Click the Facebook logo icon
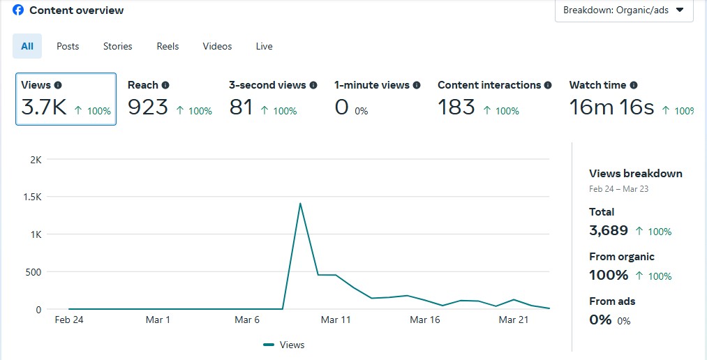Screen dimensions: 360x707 click(x=18, y=10)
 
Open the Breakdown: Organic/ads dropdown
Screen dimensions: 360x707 click(x=623, y=10)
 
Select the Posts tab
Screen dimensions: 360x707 click(x=68, y=46)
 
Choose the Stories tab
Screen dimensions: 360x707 click(x=117, y=46)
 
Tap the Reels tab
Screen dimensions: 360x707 click(x=168, y=46)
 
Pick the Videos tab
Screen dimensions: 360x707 click(x=217, y=46)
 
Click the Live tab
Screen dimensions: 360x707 click(x=264, y=46)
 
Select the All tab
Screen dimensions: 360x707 click(x=27, y=46)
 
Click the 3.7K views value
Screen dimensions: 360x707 click(x=44, y=107)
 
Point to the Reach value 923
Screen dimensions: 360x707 click(x=148, y=107)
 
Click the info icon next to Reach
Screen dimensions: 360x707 click(x=165, y=85)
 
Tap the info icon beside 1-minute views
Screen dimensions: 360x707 click(x=417, y=85)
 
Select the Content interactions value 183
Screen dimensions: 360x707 click(x=456, y=107)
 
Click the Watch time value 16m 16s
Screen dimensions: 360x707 click(x=611, y=107)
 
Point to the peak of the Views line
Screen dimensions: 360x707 click(x=300, y=203)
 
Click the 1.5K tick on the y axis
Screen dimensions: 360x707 click(x=34, y=197)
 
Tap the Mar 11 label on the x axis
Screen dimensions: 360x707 click(x=336, y=320)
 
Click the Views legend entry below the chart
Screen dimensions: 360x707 click(x=284, y=345)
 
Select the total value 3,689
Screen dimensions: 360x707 click(x=609, y=230)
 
